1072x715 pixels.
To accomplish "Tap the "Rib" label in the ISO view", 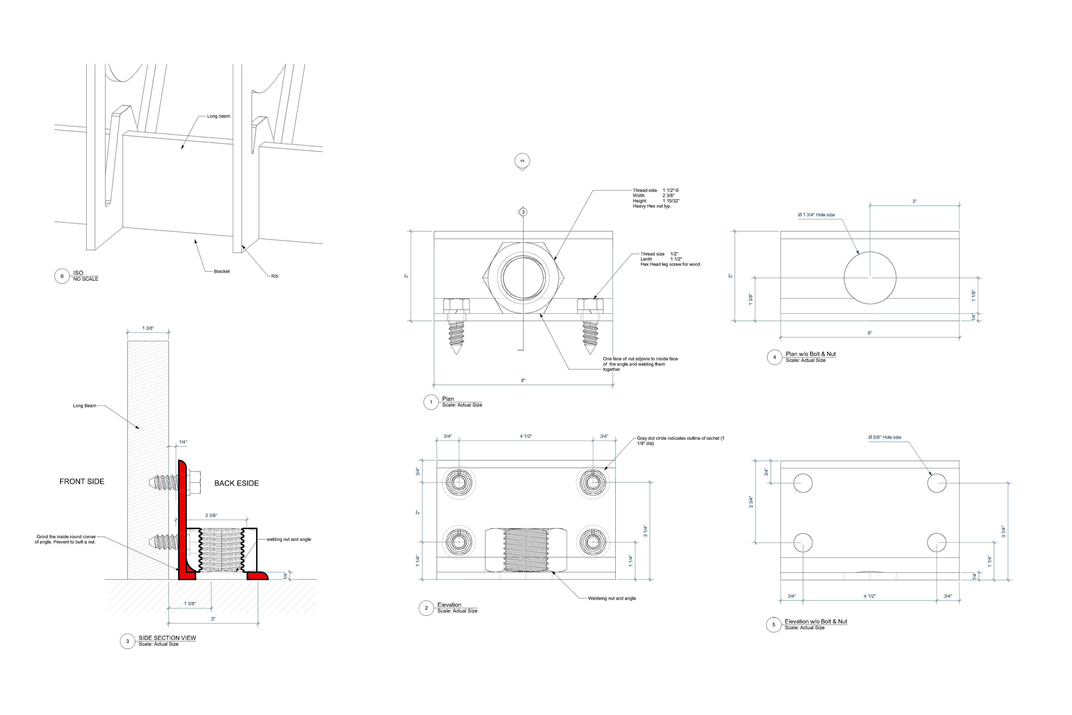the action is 274,276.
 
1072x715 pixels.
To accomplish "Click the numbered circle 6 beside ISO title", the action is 62,276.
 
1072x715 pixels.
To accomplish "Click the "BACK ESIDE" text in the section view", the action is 236,483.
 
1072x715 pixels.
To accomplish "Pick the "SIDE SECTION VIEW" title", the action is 167,638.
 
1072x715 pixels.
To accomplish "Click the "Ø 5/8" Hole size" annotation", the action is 885,437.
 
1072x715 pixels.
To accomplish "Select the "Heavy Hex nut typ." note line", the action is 652,206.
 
